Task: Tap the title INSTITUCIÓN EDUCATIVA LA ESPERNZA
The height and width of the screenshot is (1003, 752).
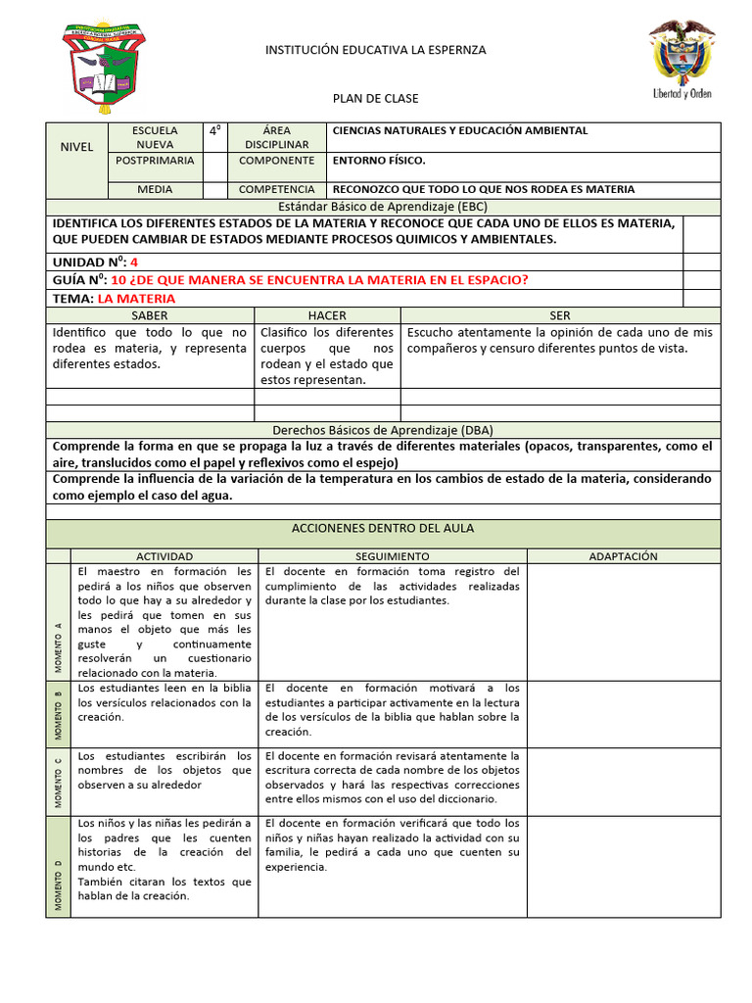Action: (x=376, y=50)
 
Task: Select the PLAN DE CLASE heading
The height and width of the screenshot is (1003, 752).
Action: (x=376, y=99)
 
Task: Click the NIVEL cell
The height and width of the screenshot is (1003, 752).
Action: (x=76, y=146)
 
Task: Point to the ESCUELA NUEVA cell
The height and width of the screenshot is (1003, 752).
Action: (x=155, y=137)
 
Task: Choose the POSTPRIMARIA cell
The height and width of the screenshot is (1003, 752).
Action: (x=155, y=160)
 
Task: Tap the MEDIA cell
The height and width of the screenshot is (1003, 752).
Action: (x=155, y=189)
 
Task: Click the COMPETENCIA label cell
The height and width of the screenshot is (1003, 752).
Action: (x=276, y=189)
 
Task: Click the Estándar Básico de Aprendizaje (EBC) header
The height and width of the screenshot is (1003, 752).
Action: (x=383, y=207)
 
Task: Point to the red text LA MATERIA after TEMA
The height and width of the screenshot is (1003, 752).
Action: (x=137, y=298)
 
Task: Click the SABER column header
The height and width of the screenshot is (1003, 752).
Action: (x=150, y=315)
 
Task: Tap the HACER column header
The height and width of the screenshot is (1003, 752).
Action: (x=327, y=315)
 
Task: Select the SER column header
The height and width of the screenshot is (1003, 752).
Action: (x=560, y=315)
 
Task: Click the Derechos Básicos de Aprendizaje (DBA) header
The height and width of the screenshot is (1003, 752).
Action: (x=383, y=430)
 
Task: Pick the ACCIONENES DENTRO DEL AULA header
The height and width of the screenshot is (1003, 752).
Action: (x=383, y=528)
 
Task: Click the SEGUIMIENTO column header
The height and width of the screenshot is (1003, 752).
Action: (x=393, y=555)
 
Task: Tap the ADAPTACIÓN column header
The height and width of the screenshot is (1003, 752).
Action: (x=623, y=555)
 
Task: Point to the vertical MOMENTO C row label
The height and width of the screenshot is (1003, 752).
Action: (x=58, y=780)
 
